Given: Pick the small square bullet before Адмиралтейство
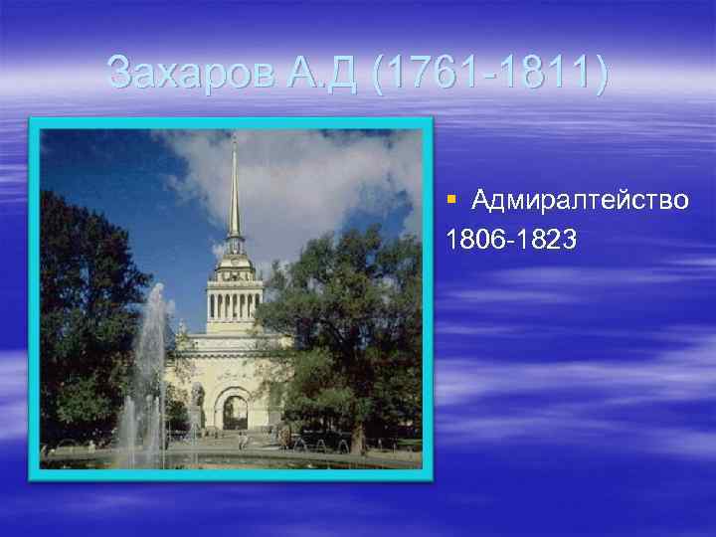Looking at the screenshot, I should (x=451, y=200).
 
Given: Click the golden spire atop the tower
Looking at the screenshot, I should (x=235, y=189).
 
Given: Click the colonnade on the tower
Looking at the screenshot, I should (x=235, y=304).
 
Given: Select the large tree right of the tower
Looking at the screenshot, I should (x=343, y=318).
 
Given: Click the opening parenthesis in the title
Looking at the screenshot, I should (x=381, y=74).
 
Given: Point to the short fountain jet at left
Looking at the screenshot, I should (x=127, y=423).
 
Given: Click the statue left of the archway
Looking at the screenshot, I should (x=198, y=398).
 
